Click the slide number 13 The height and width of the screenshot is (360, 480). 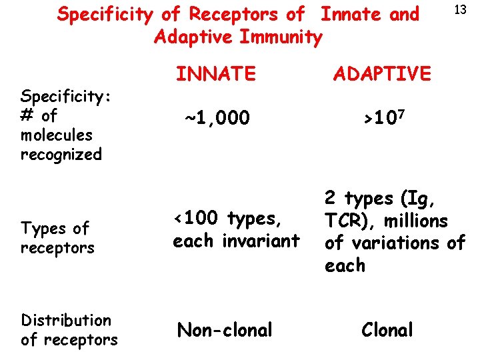tap(459, 10)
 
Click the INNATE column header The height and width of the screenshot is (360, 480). tap(216, 73)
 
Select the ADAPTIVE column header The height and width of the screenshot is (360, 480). tap(382, 73)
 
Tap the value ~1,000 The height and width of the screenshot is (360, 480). tap(217, 119)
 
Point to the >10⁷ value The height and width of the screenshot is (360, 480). tap(383, 119)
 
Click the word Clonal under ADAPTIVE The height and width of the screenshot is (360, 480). tap(387, 329)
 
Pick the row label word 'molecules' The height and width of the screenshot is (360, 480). tap(56, 135)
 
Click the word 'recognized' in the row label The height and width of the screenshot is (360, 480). tap(61, 155)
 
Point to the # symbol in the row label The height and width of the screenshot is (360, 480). tap(27, 115)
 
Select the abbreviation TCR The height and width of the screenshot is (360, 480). tap(343, 221)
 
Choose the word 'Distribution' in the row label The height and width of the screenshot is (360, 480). tap(66, 320)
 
